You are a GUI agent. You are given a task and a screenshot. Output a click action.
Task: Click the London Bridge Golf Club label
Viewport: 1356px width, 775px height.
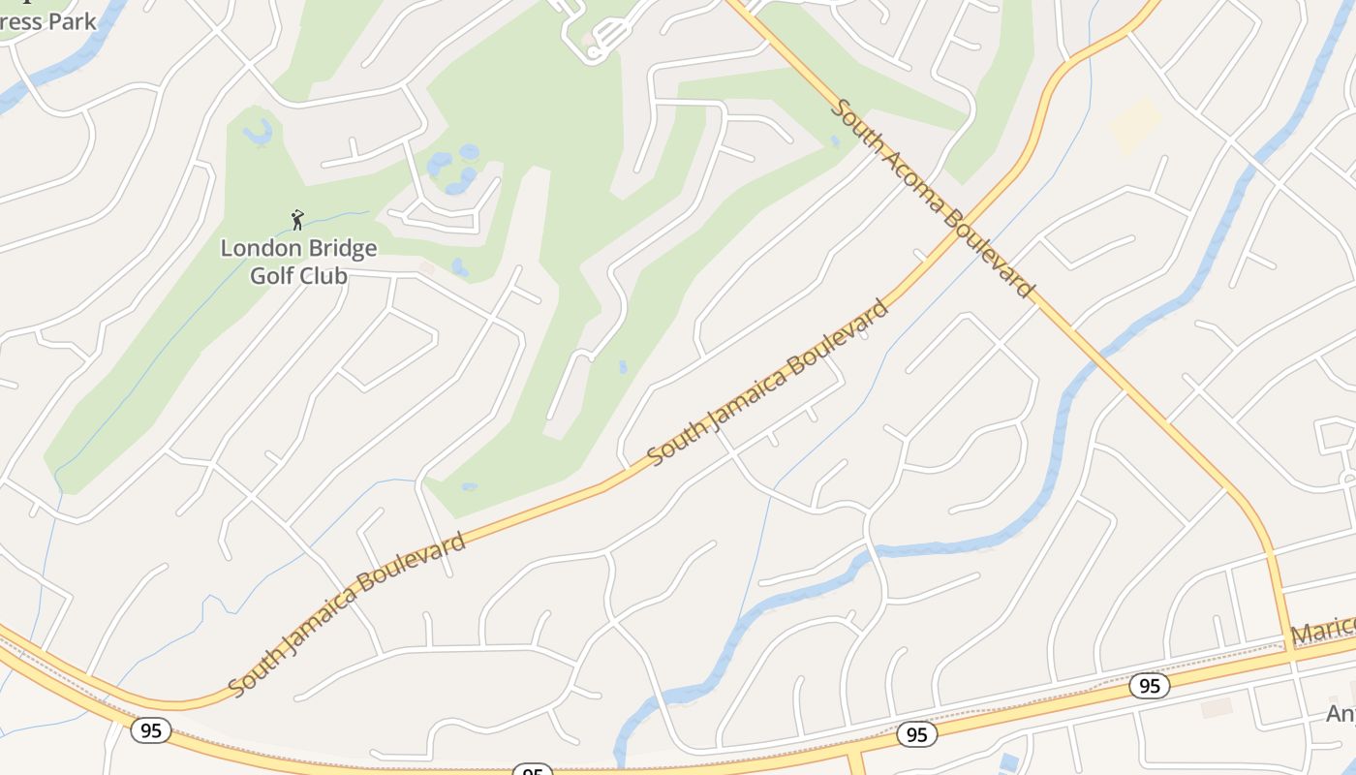(298, 262)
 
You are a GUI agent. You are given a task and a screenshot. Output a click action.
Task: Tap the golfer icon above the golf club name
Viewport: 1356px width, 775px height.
(297, 220)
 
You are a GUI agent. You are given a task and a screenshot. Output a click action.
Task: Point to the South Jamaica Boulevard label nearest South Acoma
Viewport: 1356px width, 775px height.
(767, 383)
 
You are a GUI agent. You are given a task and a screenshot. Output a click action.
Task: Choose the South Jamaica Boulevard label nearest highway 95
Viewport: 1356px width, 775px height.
(348, 613)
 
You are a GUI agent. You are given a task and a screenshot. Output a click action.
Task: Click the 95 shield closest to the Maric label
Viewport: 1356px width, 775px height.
(1149, 686)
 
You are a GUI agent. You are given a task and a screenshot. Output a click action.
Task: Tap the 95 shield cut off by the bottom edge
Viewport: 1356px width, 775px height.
(532, 771)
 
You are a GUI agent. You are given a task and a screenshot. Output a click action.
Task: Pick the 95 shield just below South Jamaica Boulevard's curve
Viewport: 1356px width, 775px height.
(150, 729)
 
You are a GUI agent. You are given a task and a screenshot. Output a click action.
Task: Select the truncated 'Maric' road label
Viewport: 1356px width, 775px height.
(1324, 632)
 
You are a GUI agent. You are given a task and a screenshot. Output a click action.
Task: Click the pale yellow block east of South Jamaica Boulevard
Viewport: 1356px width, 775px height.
(1135, 125)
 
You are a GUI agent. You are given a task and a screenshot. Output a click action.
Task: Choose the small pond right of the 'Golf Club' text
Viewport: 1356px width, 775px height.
(460, 266)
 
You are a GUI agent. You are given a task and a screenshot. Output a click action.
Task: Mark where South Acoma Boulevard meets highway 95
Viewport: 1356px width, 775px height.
(1291, 655)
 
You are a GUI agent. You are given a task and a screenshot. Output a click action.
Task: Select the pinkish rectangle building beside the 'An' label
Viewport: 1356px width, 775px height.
(1217, 707)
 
